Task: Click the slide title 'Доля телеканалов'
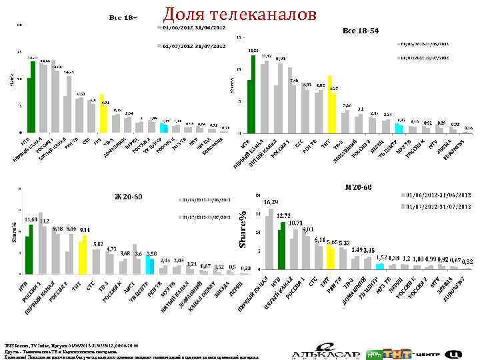click(x=240, y=15)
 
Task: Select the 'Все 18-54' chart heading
click(x=361, y=31)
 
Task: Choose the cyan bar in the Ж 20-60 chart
click(x=151, y=265)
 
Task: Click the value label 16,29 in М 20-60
click(x=271, y=201)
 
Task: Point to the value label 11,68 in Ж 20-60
click(x=31, y=219)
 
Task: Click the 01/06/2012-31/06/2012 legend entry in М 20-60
click(x=437, y=195)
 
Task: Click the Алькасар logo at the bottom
click(x=324, y=351)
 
